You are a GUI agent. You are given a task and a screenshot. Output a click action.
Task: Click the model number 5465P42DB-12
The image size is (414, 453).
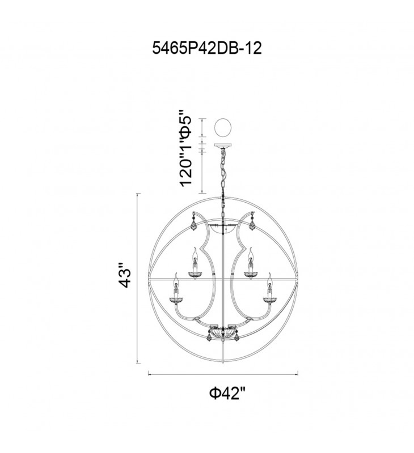click(x=207, y=48)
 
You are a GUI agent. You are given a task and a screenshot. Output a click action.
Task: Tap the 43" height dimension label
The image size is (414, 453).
click(x=125, y=275)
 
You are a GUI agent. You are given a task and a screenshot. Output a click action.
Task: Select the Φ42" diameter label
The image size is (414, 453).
click(x=228, y=393)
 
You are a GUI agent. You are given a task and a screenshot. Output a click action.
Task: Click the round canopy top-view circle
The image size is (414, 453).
click(x=223, y=127)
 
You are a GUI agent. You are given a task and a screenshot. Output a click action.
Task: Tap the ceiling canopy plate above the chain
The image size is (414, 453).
click(x=223, y=146)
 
